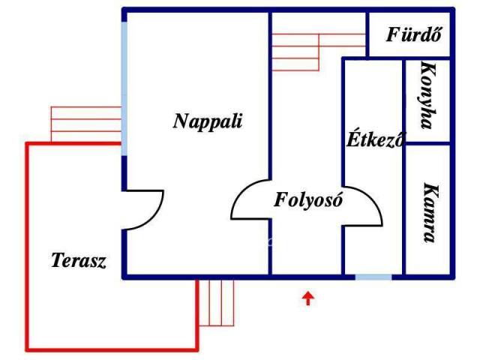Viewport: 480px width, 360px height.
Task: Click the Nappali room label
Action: [x=208, y=121]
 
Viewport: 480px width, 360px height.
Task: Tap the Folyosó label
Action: [x=308, y=200]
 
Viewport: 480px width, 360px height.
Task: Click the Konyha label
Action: [x=427, y=96]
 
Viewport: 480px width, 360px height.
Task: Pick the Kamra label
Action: [x=428, y=213]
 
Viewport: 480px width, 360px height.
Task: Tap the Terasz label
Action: [x=79, y=261]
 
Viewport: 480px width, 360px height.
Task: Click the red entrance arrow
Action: [x=308, y=299]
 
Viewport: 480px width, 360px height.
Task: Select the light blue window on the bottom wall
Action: [x=373, y=277]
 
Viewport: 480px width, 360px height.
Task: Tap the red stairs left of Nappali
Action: [x=85, y=124]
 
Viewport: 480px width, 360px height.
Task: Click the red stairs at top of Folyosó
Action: [x=296, y=51]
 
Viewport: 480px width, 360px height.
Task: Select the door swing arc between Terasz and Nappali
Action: [x=150, y=210]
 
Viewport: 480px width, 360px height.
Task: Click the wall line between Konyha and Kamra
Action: [x=427, y=143]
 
